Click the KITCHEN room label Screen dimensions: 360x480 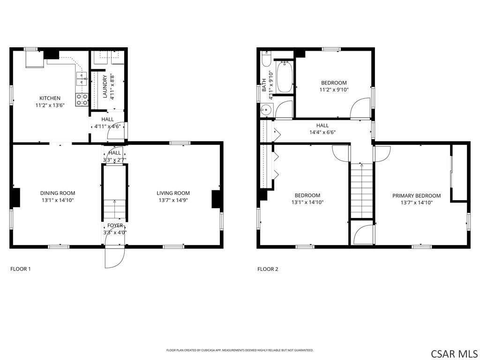(50, 98)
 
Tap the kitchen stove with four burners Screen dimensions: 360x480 (82, 99)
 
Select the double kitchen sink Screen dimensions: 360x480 (82, 78)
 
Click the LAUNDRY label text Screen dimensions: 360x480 (105, 87)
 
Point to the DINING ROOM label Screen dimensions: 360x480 (57, 193)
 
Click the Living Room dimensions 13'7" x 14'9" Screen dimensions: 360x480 (173, 200)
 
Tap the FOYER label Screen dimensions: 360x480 (115, 225)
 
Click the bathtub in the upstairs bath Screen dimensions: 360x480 (285, 77)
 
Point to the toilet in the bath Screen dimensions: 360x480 (266, 60)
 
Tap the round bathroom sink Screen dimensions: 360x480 (266, 110)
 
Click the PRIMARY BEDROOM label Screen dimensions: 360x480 (416, 196)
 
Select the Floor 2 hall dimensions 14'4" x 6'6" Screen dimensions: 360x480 (322, 132)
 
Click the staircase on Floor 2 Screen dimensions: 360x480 (361, 190)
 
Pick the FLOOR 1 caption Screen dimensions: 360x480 (21, 269)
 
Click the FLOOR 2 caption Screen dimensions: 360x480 (268, 269)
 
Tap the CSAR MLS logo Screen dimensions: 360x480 (454, 353)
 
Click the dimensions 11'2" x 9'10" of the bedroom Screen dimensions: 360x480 (334, 90)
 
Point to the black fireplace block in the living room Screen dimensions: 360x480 (217, 199)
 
